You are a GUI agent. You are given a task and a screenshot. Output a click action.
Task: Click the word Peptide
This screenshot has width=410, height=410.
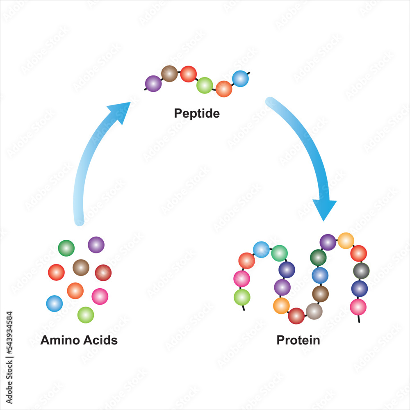coord(197,113)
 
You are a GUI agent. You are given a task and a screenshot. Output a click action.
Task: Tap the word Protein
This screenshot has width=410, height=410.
coord(298,340)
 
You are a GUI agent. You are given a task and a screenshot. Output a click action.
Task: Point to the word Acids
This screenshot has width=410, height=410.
coord(99,340)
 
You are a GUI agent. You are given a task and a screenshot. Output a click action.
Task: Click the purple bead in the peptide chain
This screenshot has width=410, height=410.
coord(153,84)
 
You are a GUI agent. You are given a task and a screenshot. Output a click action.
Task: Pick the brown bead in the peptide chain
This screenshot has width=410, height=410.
coord(169,73)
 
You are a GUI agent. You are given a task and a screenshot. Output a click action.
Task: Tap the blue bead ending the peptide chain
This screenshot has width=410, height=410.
coord(240,79)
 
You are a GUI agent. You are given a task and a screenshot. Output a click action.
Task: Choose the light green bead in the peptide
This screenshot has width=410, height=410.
coord(205,85)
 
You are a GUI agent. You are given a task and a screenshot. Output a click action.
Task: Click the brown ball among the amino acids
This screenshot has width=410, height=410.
coord(81,267)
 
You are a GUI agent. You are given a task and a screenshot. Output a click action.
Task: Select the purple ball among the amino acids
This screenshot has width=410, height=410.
coord(96,245)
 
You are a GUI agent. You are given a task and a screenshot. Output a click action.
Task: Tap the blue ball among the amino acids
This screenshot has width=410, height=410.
coord(55,303)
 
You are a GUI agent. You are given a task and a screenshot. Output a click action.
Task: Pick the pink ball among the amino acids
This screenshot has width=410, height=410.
coord(100,296)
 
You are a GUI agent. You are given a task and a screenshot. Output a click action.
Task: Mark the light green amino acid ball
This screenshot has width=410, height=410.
coord(86,315)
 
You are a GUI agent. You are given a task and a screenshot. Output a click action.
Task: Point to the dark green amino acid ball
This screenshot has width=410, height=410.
coord(66,248)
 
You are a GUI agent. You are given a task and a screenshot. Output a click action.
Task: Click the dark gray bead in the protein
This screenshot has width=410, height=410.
coord(361,271)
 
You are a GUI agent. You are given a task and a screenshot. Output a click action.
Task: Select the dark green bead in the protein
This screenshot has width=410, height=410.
coord(318,257)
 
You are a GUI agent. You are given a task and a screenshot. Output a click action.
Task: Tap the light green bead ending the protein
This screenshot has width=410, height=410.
coord(242,297)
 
